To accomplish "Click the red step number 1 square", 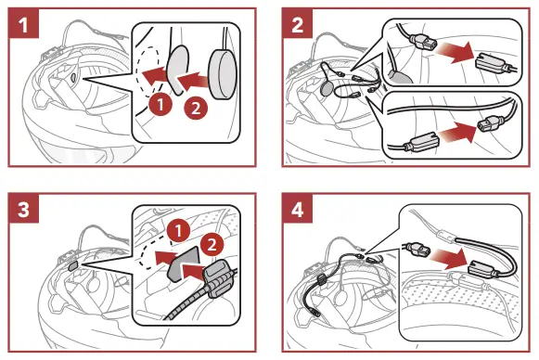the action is (24, 23).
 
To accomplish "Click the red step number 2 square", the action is (298, 23).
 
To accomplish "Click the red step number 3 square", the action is (24, 209).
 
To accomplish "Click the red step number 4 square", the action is (298, 209).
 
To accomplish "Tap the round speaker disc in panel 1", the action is (223, 74).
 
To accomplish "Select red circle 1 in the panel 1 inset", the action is (160, 105).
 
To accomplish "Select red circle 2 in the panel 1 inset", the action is (196, 109).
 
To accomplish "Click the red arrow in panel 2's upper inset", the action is (456, 52).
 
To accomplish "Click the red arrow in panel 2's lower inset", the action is (458, 133).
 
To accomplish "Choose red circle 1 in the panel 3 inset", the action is (178, 231).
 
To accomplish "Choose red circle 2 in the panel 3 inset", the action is (212, 244).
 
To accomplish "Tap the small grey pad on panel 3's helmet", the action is (73, 266).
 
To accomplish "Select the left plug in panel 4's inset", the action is (416, 250).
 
